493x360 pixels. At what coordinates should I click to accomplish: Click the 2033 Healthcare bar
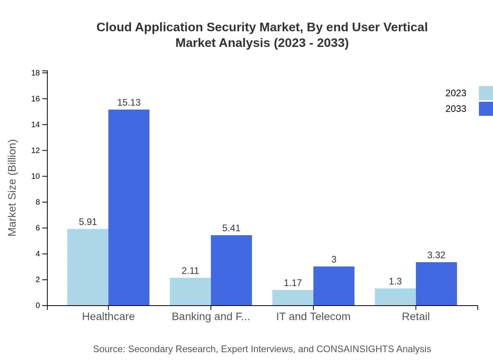[129, 207]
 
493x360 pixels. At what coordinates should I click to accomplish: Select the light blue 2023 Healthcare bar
[88, 267]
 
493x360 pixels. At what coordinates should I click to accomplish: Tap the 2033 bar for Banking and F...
[231, 270]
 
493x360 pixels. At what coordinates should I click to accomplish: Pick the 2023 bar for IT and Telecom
[293, 297]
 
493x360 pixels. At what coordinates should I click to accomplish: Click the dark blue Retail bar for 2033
[436, 284]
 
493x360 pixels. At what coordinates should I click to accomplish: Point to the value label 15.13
[129, 103]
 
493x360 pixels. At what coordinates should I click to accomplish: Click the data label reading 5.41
[231, 228]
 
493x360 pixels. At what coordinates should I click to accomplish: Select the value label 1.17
[293, 283]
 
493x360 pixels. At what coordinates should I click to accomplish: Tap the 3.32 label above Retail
[436, 255]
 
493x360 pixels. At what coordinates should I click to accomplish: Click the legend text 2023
[456, 93]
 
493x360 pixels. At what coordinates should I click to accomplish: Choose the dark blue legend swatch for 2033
[486, 109]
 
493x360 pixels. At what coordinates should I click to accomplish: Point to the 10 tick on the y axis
[36, 176]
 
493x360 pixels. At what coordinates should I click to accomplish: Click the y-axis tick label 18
[36, 73]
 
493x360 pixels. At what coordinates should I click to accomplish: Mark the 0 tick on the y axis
[38, 306]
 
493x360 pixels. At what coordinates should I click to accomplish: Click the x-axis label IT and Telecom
[313, 317]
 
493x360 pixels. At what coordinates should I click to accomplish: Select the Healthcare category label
[108, 317]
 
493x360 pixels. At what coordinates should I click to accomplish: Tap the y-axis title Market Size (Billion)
[13, 188]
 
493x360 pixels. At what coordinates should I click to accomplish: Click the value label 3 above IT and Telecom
[334, 259]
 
